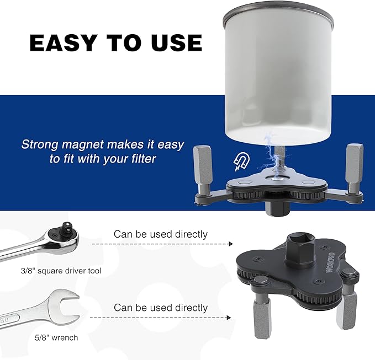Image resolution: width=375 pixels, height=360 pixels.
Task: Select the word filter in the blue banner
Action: pos(144,159)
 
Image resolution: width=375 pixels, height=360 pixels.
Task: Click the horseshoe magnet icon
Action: pos(241,162)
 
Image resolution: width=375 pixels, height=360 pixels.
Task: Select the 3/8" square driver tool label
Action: pos(61,271)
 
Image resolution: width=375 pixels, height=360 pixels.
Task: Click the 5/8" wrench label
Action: pos(56,337)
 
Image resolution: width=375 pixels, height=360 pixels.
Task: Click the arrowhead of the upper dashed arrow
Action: pos(231,244)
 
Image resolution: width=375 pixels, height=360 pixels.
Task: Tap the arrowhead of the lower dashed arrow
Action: pos(229,318)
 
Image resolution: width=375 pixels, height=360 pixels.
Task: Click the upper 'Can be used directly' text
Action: pos(161,234)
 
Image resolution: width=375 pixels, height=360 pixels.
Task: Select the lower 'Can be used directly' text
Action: pos(161,308)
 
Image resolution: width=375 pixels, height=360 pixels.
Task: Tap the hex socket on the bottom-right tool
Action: pos(300,248)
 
